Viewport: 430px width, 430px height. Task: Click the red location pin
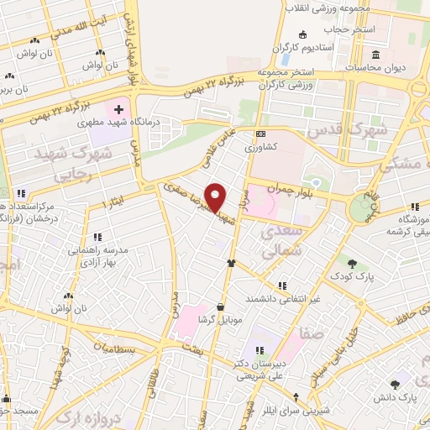coord(216,197)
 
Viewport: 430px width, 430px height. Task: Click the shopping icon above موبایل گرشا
coord(220,307)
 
